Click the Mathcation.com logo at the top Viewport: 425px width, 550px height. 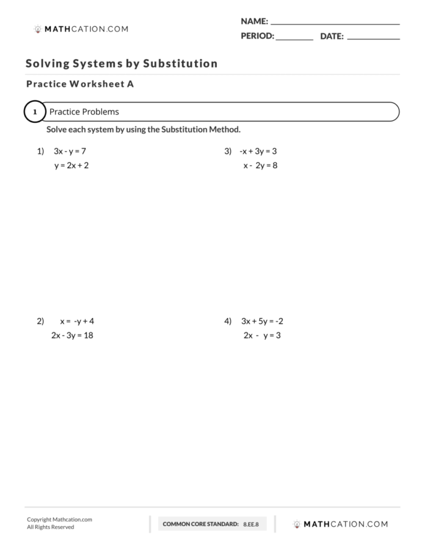(80, 29)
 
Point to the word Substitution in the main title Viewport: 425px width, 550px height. (180, 64)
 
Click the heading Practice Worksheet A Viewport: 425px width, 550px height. (80, 85)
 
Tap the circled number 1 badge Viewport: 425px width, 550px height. (34, 112)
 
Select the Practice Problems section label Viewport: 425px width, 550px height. (84, 112)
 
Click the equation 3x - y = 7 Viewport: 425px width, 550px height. (70, 151)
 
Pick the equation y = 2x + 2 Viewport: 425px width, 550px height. (71, 165)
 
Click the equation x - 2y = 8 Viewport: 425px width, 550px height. (260, 165)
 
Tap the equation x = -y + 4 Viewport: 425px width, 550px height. (77, 321)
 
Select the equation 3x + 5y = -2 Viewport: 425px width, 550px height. (262, 321)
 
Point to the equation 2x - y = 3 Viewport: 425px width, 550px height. (262, 335)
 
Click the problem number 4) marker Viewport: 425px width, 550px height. (227, 321)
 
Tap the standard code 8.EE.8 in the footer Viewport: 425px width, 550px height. (251, 524)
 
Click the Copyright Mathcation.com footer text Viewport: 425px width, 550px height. (59, 520)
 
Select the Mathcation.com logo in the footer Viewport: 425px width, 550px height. (340, 524)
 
